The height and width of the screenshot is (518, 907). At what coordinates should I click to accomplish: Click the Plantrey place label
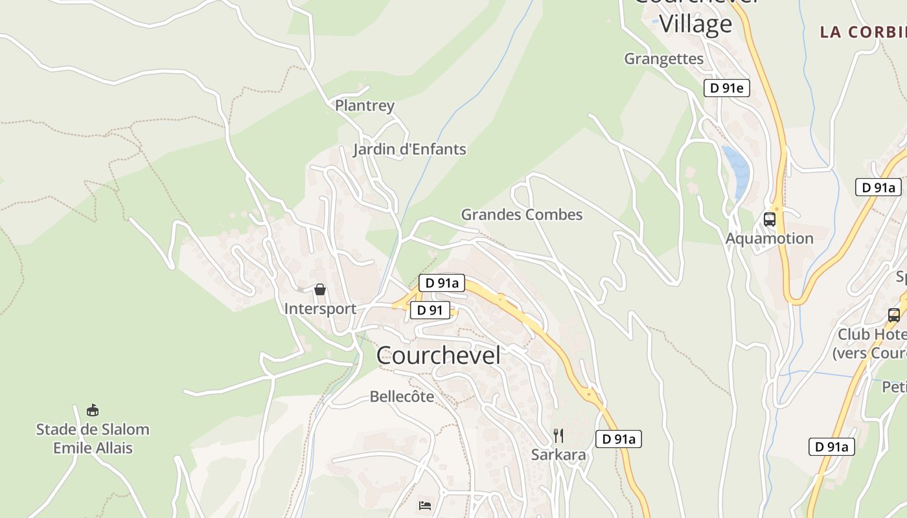point(364,105)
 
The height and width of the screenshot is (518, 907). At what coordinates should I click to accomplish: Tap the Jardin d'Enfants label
point(409,150)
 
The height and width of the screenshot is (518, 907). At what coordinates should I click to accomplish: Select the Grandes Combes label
point(522,214)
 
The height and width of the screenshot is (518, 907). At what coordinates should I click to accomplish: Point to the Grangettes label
point(663,59)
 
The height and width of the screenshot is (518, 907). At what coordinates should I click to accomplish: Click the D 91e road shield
point(726,88)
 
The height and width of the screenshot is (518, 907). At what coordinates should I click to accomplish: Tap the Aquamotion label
point(769,238)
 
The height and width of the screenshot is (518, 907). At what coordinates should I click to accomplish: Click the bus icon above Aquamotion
point(770,219)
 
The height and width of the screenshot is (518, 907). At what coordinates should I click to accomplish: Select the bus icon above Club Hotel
point(894,315)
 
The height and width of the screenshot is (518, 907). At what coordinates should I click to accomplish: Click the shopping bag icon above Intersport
point(319,289)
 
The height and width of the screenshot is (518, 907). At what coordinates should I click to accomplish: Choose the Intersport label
point(320,309)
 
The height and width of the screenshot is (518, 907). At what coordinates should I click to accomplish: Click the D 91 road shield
point(430,310)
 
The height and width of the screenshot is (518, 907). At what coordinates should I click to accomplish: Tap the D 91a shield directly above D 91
point(442,283)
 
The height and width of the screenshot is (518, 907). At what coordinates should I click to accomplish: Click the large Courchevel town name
point(438,355)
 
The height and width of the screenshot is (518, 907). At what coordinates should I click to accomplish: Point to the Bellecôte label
point(402,396)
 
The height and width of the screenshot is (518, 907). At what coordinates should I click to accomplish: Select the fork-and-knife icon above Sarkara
point(558,435)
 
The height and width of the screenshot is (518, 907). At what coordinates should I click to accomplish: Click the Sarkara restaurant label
point(558,455)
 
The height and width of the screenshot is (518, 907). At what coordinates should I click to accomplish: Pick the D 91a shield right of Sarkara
point(619,439)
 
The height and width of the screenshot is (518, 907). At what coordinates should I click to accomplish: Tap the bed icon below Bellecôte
point(425,505)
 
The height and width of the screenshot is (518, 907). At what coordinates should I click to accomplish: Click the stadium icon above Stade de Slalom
point(93,410)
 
